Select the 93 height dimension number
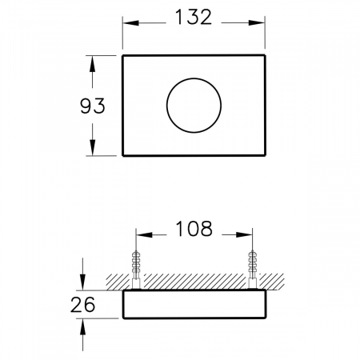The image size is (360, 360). click(93, 106)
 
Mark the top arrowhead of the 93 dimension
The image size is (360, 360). click(93, 63)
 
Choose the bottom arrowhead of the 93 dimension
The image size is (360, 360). click(93, 150)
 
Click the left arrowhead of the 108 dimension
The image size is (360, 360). click(144, 234)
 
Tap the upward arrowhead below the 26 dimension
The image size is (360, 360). click(84, 327)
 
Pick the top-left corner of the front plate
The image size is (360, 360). click(123, 56)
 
